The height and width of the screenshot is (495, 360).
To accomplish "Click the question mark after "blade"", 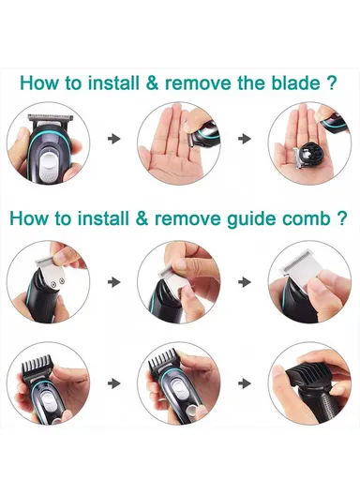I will pos(332,82).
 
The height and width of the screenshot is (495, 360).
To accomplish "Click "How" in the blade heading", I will pos(43,82).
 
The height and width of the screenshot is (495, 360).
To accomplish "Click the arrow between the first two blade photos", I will pos(114,139).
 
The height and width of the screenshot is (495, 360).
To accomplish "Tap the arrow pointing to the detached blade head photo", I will pos(246,139).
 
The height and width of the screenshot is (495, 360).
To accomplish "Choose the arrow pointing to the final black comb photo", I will pos(246,382).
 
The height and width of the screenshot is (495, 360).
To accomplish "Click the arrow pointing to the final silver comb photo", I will pos(246,279).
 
